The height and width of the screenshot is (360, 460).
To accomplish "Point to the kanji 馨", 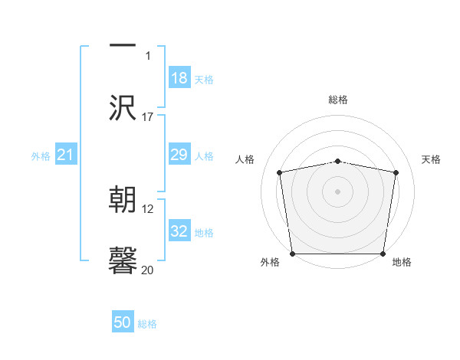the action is pos(123,261).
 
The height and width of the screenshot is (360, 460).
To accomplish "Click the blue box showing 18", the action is pos(179,78).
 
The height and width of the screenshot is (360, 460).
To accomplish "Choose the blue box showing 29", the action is pos(179,155).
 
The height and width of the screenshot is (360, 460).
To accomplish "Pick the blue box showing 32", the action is pos(179,231).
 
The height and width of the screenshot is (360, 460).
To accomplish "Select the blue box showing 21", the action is pos(66,155).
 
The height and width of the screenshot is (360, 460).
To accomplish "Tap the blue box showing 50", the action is pos(123,322).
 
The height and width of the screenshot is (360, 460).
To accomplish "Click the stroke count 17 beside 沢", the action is pos(148,117).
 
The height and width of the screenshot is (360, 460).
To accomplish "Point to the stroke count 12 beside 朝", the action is pos(148,209).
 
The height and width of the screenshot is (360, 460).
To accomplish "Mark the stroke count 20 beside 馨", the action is pos(148,270).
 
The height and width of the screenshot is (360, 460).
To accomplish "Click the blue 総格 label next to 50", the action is pos(147,324).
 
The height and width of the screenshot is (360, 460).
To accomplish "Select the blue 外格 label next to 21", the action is pos(41,156).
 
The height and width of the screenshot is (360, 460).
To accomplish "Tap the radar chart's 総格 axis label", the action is pos(338,100).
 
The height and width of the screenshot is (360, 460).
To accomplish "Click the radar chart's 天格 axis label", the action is pos(431,159).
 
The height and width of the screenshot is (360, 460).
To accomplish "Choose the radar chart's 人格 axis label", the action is pos(245,159).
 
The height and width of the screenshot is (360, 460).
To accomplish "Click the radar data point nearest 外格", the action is pos(292,254).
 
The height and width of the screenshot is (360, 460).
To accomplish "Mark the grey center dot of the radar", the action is pos(338,191).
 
